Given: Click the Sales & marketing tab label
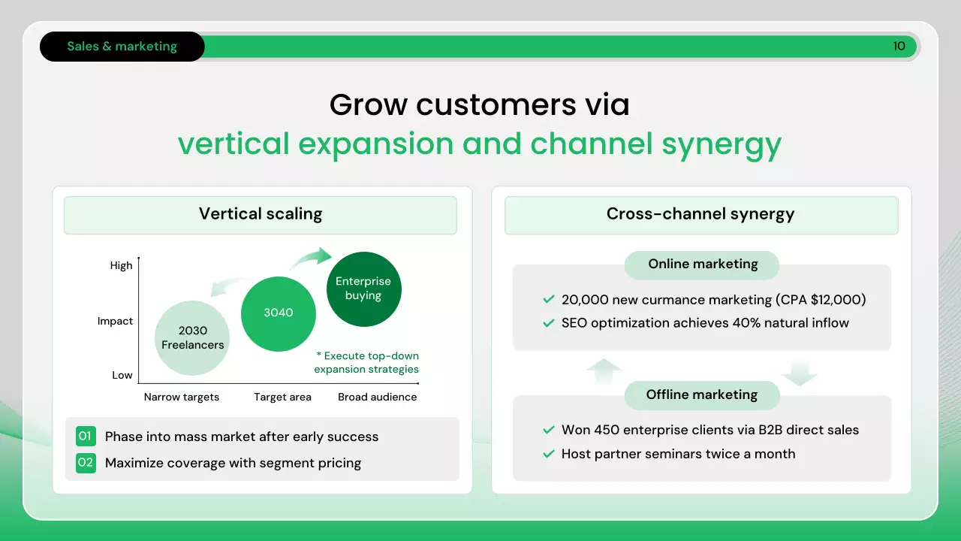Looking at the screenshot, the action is point(122,47).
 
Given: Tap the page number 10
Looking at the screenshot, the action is point(899,46).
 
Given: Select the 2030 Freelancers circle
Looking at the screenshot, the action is point(192,338).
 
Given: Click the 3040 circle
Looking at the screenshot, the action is point(279,314).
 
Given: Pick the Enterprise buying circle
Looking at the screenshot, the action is point(364,289).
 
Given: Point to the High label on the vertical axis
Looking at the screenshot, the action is point(121,266).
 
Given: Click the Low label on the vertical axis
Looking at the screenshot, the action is point(122,375).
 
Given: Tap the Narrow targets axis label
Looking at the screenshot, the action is point(182,397).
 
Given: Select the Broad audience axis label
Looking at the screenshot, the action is point(377,397).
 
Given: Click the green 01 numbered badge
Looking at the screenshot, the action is point(86,437).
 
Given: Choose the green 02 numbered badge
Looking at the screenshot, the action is point(86,463).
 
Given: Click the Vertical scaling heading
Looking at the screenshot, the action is point(261,214).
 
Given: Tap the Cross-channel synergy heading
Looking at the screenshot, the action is point(700,214).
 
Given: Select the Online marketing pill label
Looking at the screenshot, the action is point(703,264).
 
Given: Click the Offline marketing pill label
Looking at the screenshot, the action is point(702,394).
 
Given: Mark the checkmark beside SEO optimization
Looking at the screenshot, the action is point(549,323).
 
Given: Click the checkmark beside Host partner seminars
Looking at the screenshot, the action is point(549,454).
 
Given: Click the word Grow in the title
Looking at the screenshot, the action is point(369,104).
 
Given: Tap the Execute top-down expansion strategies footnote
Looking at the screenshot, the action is point(366,362).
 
